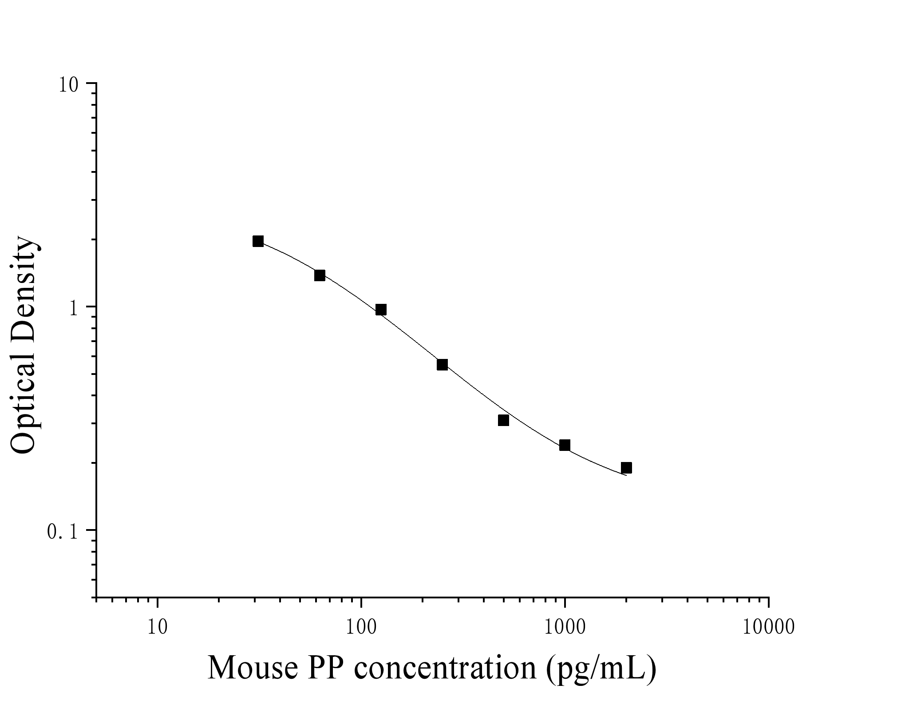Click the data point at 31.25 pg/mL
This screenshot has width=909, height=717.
point(258,241)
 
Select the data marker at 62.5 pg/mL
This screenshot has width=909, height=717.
point(320,275)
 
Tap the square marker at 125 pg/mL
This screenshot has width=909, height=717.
point(381,310)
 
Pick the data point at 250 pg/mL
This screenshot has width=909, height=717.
point(442,365)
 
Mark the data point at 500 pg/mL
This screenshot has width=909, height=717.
point(503,420)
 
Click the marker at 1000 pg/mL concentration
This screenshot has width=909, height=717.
point(565,445)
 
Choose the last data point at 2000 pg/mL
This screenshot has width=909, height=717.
point(626,468)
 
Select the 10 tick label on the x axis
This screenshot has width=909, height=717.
point(158,628)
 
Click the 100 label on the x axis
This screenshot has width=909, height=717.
point(361,628)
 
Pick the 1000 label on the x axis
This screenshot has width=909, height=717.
point(565,628)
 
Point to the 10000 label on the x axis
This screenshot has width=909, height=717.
point(768,628)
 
